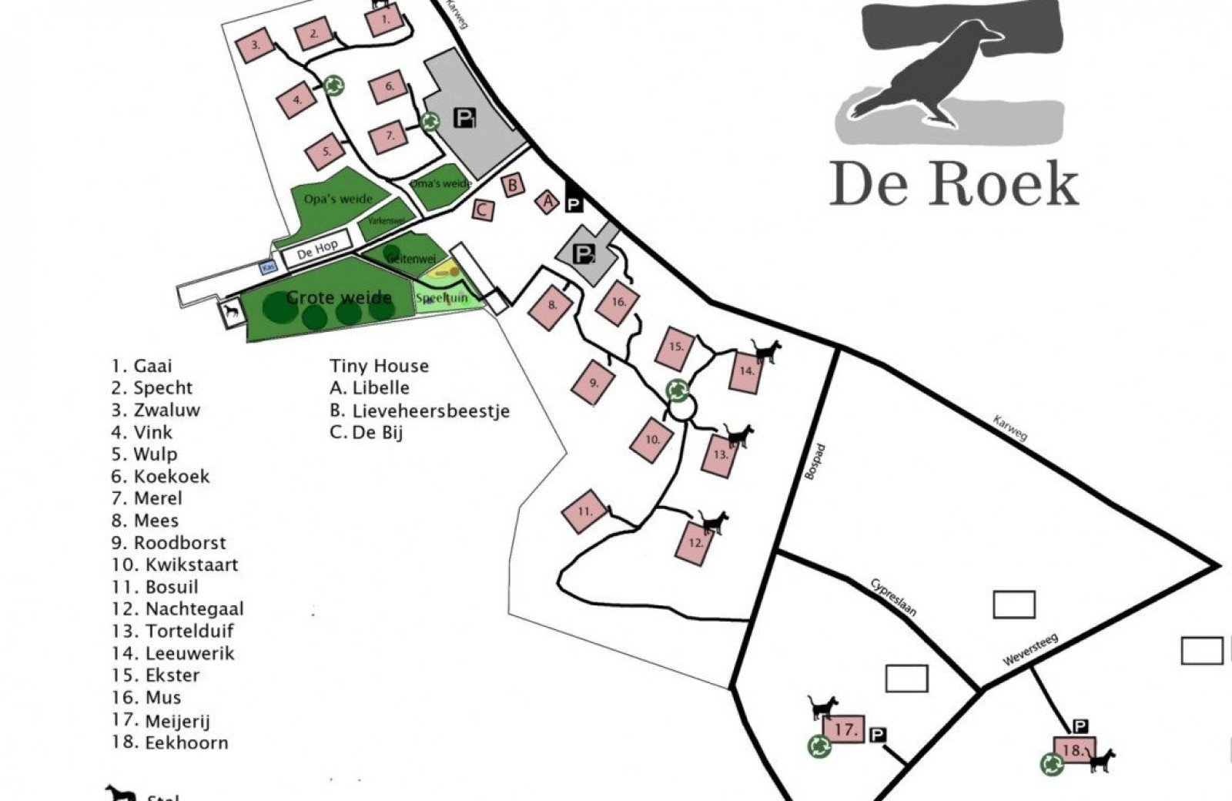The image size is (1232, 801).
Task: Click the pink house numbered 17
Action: pyautogui.click(x=845, y=729)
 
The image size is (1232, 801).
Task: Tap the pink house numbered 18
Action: pyautogui.click(x=1071, y=750)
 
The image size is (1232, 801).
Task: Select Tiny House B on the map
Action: pyautogui.click(x=512, y=185)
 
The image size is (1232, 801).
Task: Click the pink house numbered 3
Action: pyautogui.click(x=256, y=45)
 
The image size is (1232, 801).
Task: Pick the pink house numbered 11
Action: pyautogui.click(x=585, y=511)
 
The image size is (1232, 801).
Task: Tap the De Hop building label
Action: pyautogui.click(x=317, y=249)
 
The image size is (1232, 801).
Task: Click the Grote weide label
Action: pyautogui.click(x=339, y=297)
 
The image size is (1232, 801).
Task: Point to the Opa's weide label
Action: pyautogui.click(x=338, y=199)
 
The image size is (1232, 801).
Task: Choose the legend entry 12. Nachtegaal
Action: pyautogui.click(x=178, y=608)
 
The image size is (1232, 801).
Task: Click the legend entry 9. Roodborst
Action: pyautogui.click(x=169, y=542)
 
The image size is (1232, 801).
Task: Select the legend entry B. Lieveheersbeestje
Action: pyautogui.click(x=420, y=411)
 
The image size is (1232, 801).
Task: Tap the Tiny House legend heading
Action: pyautogui.click(x=379, y=366)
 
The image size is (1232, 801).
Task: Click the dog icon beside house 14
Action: pyautogui.click(x=766, y=352)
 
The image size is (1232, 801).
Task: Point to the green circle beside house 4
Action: pyautogui.click(x=333, y=85)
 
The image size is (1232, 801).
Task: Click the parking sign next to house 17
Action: pyautogui.click(x=879, y=735)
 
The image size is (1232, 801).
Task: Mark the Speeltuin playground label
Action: pyautogui.click(x=442, y=298)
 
